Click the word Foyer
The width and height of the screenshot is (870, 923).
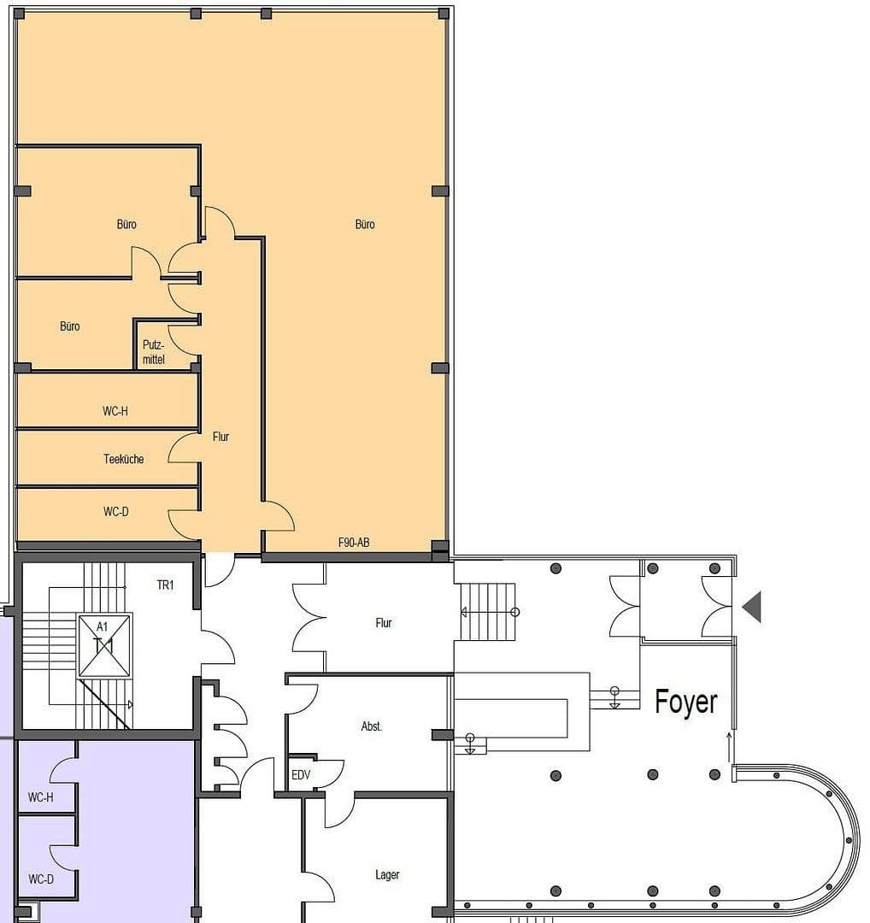[x=686, y=702]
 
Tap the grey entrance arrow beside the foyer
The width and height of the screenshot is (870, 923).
[x=752, y=606]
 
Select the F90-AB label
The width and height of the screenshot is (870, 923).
[x=354, y=543]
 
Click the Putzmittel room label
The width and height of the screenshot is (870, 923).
[x=154, y=353]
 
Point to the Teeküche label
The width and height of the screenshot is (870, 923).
[x=124, y=459]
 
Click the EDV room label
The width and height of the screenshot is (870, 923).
[x=301, y=774]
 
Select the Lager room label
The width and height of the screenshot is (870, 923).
[x=387, y=874]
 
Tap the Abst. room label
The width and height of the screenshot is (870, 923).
[x=372, y=726]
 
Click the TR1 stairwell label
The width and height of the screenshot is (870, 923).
[x=166, y=585]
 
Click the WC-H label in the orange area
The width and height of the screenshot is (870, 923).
[x=115, y=411]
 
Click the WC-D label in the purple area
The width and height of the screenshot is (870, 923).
[x=41, y=879]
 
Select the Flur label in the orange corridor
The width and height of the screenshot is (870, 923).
[x=221, y=437]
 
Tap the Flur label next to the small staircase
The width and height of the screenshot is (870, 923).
[x=384, y=623]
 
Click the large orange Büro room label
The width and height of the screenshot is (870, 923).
[x=365, y=225]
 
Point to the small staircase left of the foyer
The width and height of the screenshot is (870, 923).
[x=488, y=612]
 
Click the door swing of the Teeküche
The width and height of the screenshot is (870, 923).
[x=184, y=449]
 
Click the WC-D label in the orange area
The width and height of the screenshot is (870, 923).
[x=115, y=512]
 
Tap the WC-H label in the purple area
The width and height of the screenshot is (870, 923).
[x=41, y=797]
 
